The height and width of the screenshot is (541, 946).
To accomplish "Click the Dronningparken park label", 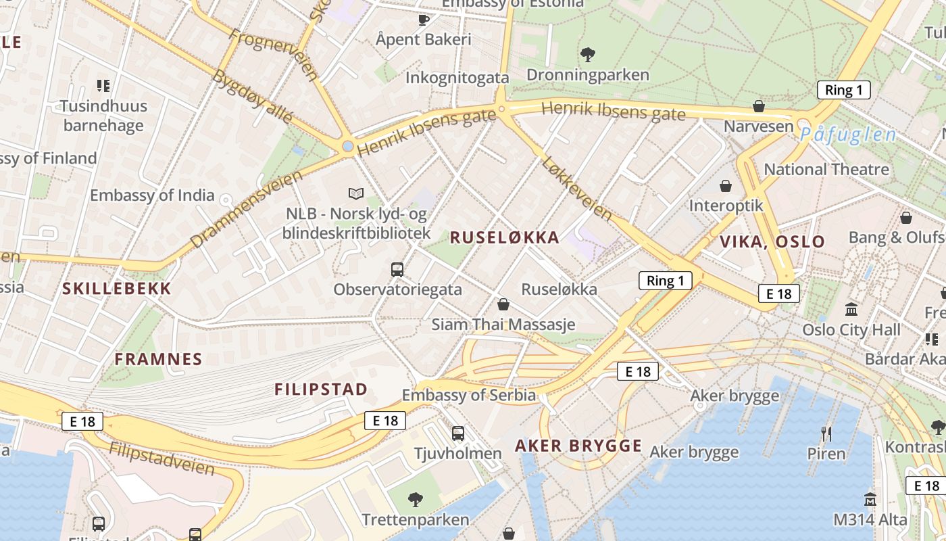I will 587,74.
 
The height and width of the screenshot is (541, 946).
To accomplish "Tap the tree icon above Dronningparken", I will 588,54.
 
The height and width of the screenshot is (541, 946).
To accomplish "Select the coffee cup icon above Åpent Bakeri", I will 424,19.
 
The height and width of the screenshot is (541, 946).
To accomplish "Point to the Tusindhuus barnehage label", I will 103,116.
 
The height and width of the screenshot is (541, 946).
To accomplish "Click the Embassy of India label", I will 152,195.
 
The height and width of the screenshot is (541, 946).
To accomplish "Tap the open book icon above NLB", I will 356,194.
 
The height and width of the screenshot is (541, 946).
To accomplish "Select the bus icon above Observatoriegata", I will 397,270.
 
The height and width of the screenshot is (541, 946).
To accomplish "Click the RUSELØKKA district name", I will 504,237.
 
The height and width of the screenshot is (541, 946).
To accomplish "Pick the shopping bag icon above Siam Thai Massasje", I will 503,304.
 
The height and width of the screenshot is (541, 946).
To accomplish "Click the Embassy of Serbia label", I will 468,395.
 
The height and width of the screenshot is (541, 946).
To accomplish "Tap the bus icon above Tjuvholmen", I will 458,433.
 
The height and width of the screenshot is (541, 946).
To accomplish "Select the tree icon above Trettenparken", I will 416,500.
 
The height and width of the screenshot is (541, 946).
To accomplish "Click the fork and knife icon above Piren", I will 826,433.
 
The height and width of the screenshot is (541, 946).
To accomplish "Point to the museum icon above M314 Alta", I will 870,500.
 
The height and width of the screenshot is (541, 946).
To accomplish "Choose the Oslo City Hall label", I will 851,329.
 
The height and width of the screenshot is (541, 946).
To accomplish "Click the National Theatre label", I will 826,169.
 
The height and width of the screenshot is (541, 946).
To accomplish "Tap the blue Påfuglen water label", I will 848,135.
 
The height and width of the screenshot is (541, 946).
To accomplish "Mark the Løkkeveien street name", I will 576,189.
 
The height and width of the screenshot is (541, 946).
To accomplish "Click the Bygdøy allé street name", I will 252,96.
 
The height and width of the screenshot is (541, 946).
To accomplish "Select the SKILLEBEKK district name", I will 117,289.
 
